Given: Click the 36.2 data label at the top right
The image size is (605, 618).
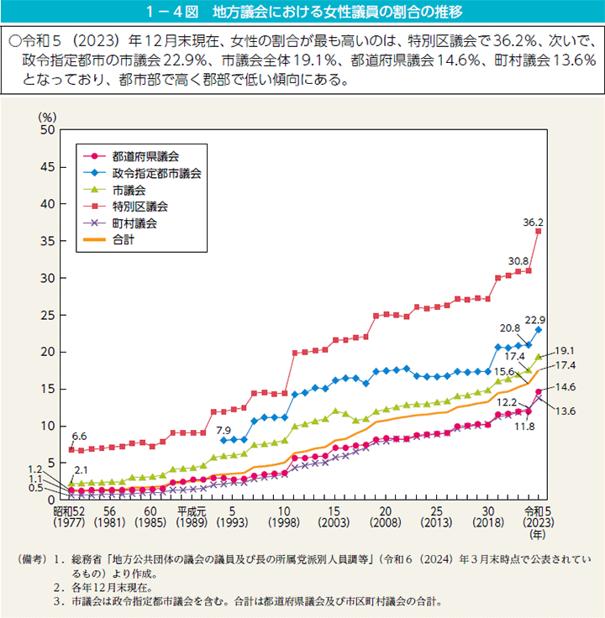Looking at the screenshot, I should (534, 223).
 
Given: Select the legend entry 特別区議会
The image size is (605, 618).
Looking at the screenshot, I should (140, 206).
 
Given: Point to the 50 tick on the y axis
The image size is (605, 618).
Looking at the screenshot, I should (47, 130).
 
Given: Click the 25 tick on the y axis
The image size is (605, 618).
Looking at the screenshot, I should (47, 315).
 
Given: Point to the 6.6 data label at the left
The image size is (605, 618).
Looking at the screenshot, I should (79, 437).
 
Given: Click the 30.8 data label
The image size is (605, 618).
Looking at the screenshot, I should (518, 261).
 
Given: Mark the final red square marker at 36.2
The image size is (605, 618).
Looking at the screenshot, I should (538, 231).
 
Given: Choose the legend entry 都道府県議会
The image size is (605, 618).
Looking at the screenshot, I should (146, 155).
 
